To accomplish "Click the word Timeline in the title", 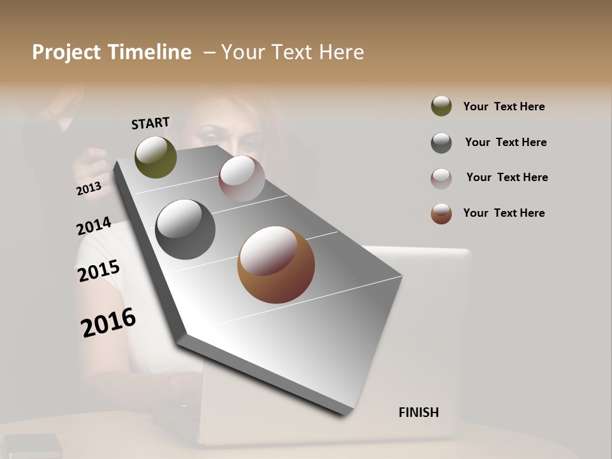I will click(x=149, y=52).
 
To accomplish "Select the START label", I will click(x=150, y=123).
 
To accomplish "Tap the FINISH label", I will click(x=418, y=412).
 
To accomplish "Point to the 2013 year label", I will click(x=89, y=188).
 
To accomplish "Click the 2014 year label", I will click(x=94, y=226).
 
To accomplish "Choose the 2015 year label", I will click(x=99, y=270).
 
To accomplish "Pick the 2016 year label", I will click(x=108, y=321).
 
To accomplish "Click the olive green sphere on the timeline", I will click(x=156, y=157).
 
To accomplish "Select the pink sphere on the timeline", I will click(x=242, y=178).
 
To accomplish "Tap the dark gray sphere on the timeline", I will click(x=185, y=229).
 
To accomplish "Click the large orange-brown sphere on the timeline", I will click(x=276, y=265).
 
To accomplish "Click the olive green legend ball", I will click(x=441, y=106).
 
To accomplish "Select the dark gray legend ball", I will click(x=441, y=143).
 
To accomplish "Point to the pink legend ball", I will click(x=441, y=178).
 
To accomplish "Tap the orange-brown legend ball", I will click(x=441, y=214).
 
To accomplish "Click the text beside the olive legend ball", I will click(x=504, y=106).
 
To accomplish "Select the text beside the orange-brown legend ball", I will click(x=504, y=213).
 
